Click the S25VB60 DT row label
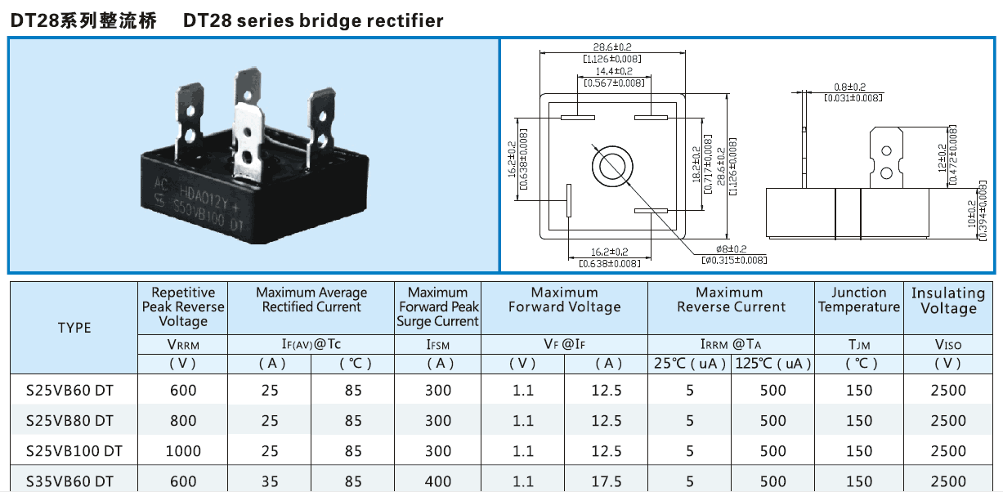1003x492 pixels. (x=69, y=391)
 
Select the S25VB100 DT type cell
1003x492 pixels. (x=74, y=451)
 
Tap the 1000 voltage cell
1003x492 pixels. (x=183, y=451)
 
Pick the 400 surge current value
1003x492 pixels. (x=438, y=481)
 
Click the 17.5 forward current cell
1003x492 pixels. (x=607, y=481)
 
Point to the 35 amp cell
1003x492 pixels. (x=270, y=481)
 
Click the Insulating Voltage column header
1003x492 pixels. (x=948, y=300)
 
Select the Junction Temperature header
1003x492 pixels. (x=858, y=300)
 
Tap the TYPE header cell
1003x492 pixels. (x=74, y=328)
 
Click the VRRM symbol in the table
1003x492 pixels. (x=183, y=345)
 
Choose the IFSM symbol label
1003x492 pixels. (x=438, y=345)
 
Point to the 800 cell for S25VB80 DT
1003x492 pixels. (x=183, y=421)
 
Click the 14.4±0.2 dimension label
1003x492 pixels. (x=613, y=72)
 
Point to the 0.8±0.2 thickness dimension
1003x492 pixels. (x=850, y=87)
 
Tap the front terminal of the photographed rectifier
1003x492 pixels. (x=249, y=139)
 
